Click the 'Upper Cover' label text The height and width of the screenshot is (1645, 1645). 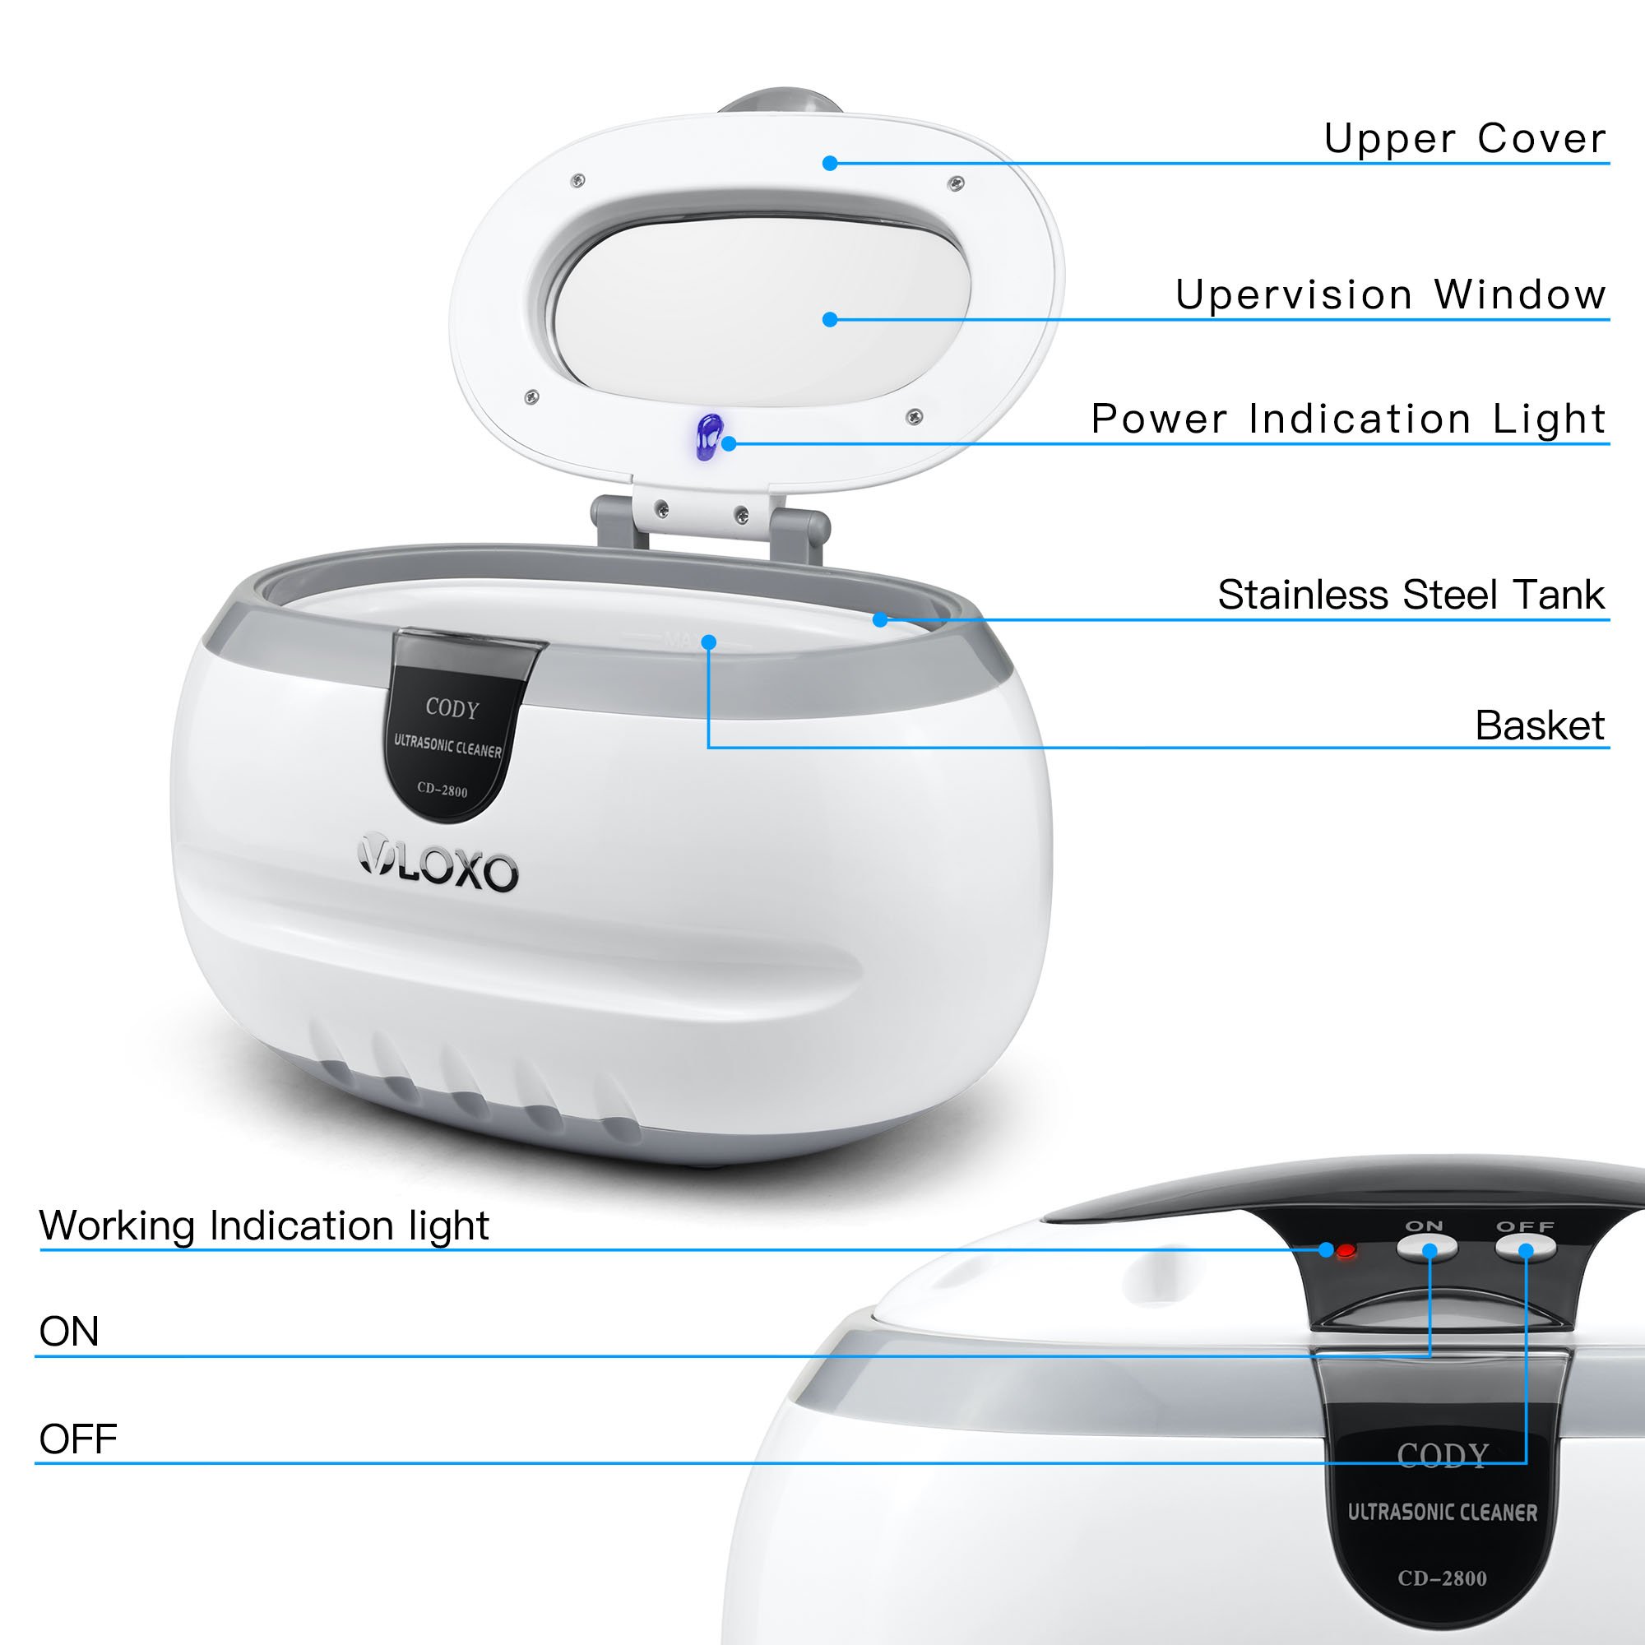coord(1464,139)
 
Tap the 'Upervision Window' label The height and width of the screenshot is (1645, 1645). coord(1389,295)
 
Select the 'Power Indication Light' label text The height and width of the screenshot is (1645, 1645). coord(1348,419)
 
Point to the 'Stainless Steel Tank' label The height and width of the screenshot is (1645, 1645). coord(1410,595)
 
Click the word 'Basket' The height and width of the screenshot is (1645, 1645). coord(1540,725)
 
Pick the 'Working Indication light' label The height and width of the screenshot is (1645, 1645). coord(264,1226)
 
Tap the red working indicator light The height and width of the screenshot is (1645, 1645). coord(1346,1251)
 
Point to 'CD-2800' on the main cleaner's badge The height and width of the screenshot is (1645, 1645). coord(443,790)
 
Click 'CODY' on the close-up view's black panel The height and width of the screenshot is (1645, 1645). coord(1443,1455)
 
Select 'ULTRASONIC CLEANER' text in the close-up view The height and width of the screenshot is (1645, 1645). coord(1443,1513)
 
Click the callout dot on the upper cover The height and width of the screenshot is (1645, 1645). coord(830,163)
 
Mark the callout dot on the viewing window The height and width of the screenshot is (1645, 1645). coord(830,319)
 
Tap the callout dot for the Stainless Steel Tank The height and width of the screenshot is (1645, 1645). coord(880,620)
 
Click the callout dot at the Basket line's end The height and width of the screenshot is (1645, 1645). coord(708,642)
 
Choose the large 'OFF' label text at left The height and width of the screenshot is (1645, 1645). coord(77,1439)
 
